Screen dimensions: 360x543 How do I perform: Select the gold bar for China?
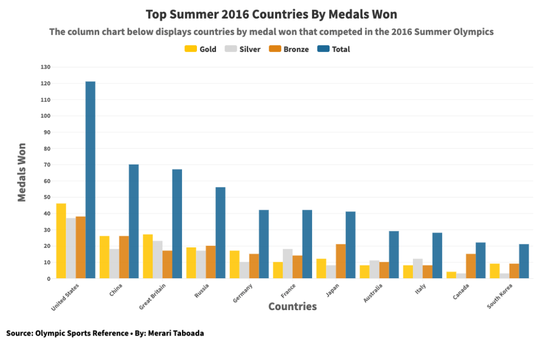(105, 257)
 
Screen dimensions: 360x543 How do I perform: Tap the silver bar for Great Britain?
(158, 260)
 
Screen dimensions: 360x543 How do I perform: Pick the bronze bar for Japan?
(341, 261)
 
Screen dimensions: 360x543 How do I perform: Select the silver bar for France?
(288, 263)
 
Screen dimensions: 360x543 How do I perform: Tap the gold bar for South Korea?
(495, 271)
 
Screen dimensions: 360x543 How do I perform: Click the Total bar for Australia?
(394, 254)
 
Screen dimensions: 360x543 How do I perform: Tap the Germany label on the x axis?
(243, 294)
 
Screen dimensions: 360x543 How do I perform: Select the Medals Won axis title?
(22, 172)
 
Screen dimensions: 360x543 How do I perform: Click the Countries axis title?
(292, 306)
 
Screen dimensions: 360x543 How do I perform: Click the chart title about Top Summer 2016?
(271, 14)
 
